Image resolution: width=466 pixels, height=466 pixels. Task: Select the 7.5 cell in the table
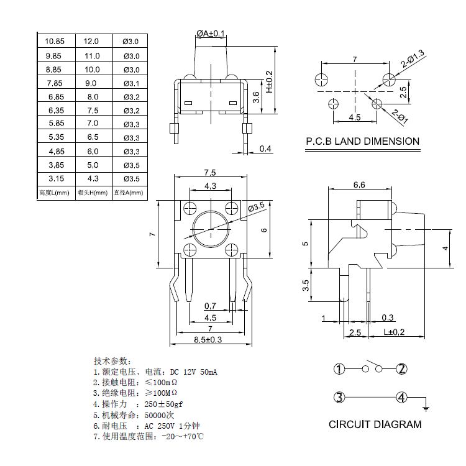91,110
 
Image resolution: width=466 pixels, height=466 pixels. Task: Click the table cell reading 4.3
91,179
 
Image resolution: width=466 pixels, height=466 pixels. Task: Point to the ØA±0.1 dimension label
210,33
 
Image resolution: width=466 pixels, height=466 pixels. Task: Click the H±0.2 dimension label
269,81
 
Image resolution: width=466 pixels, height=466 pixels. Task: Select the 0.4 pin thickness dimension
265,148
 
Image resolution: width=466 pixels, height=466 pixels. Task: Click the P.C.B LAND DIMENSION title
363,141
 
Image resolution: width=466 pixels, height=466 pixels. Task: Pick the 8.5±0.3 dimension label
208,340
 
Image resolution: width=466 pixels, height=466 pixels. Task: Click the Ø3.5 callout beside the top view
256,206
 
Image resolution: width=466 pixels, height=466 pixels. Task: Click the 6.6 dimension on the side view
359,185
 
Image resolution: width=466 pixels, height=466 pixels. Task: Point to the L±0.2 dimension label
394,332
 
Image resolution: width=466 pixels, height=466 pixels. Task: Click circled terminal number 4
402,398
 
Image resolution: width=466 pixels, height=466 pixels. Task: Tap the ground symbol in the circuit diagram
426,408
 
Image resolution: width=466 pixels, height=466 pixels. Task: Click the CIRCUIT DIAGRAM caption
375,425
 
